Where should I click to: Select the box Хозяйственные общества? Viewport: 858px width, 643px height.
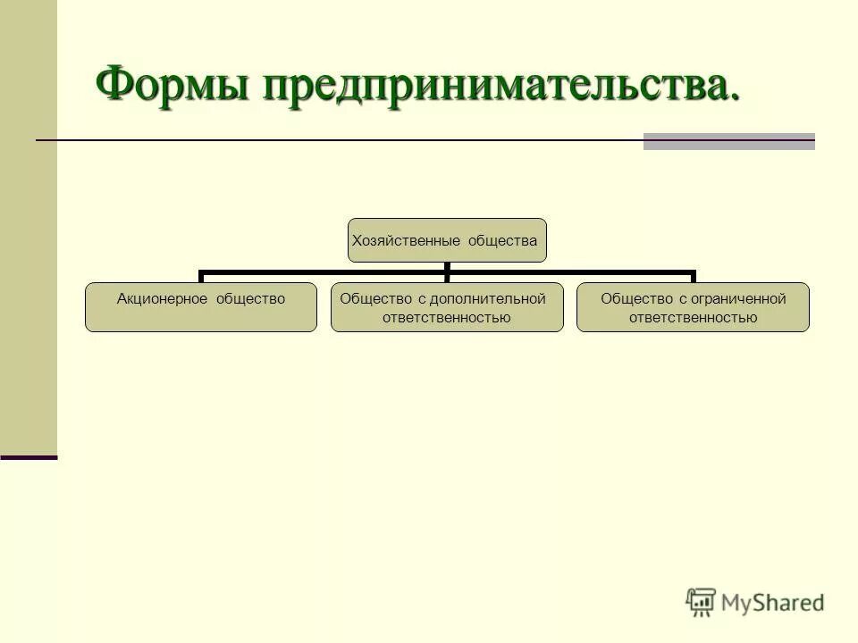(446, 240)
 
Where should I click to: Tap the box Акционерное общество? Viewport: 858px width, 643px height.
(200, 307)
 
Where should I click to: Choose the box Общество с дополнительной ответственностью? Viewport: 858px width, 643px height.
(447, 307)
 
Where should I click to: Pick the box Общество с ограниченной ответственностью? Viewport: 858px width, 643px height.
(693, 307)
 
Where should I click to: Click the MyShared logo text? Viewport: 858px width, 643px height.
(773, 603)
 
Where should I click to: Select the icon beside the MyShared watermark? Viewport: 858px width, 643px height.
(702, 602)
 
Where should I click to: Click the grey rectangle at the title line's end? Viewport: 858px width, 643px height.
(728, 141)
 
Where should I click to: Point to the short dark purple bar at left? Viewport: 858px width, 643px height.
(29, 457)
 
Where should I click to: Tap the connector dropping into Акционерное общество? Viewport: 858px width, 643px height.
(201, 276)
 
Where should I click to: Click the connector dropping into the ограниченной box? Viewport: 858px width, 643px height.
(693, 276)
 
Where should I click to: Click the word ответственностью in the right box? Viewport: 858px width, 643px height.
(693, 317)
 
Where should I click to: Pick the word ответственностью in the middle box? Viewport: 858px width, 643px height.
(447, 317)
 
